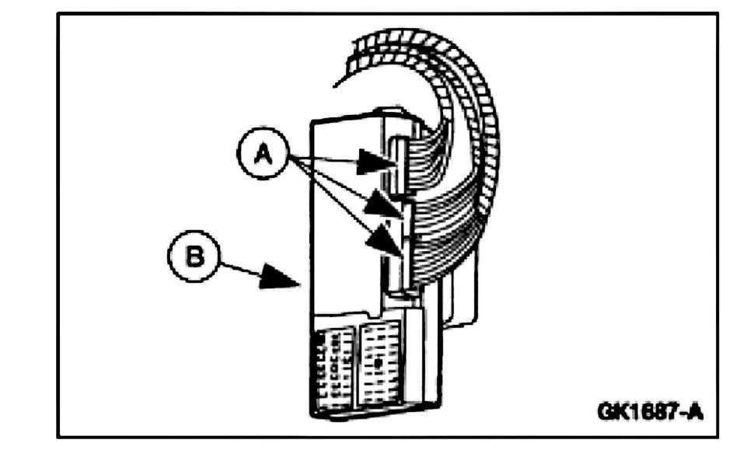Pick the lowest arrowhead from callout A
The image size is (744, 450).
(386, 239)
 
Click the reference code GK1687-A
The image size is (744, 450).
(650, 410)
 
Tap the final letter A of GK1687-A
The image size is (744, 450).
(694, 410)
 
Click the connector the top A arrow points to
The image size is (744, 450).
(397, 163)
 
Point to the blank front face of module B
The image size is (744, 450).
(342, 218)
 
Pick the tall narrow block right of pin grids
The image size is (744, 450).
(417, 358)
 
